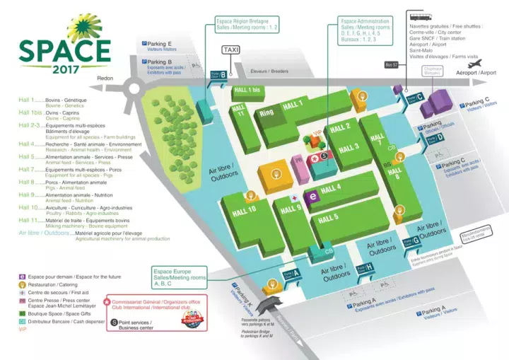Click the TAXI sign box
(231, 50)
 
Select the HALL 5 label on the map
(329, 219)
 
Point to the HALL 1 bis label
(247, 91)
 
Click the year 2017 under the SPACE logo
(64, 69)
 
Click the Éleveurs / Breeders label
(270, 71)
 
